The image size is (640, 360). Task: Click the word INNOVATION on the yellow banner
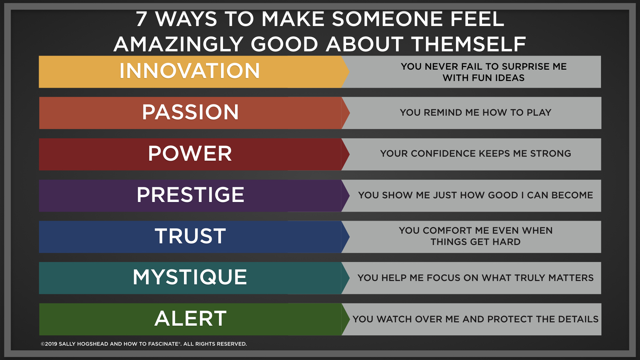coord(190,71)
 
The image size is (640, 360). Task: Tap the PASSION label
coord(190,112)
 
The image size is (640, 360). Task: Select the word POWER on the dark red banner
coord(190,153)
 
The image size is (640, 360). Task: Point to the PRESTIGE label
coord(190,195)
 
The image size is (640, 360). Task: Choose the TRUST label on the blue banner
coord(190,236)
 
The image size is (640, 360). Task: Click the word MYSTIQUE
coord(190,277)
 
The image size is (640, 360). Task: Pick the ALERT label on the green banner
coord(190,318)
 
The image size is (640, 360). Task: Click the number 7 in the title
coord(141,19)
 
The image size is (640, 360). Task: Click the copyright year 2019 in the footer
coord(51,344)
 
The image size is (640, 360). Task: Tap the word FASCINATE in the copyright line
coord(162,344)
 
